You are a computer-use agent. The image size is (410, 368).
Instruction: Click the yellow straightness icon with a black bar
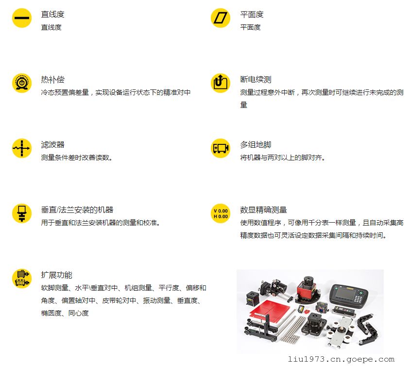(22, 18)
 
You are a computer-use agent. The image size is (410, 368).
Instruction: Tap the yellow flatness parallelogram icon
(221, 18)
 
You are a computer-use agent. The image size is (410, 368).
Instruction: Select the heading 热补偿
(52, 79)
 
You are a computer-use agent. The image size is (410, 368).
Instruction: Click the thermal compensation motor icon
(22, 83)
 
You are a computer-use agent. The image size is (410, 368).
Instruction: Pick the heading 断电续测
(256, 79)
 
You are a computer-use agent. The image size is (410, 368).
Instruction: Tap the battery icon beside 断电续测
(221, 83)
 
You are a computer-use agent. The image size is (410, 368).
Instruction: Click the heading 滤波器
(52, 144)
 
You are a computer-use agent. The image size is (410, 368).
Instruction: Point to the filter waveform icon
(22, 148)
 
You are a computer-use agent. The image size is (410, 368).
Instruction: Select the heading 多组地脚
(256, 144)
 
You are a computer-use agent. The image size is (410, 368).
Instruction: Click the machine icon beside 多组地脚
(221, 148)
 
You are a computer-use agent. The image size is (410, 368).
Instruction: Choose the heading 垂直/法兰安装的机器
(77, 210)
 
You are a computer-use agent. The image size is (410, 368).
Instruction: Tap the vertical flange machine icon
(22, 213)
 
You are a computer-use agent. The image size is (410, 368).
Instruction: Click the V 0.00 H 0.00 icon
(221, 213)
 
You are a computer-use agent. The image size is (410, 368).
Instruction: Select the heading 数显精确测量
(264, 210)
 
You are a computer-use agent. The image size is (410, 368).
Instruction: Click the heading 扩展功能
(56, 275)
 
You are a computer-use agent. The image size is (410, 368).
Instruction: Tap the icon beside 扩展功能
(22, 279)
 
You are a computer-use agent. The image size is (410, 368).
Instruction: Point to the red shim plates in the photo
(269, 311)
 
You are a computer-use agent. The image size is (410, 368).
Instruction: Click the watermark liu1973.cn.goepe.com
(341, 359)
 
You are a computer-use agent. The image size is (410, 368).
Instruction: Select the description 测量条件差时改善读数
(77, 158)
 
